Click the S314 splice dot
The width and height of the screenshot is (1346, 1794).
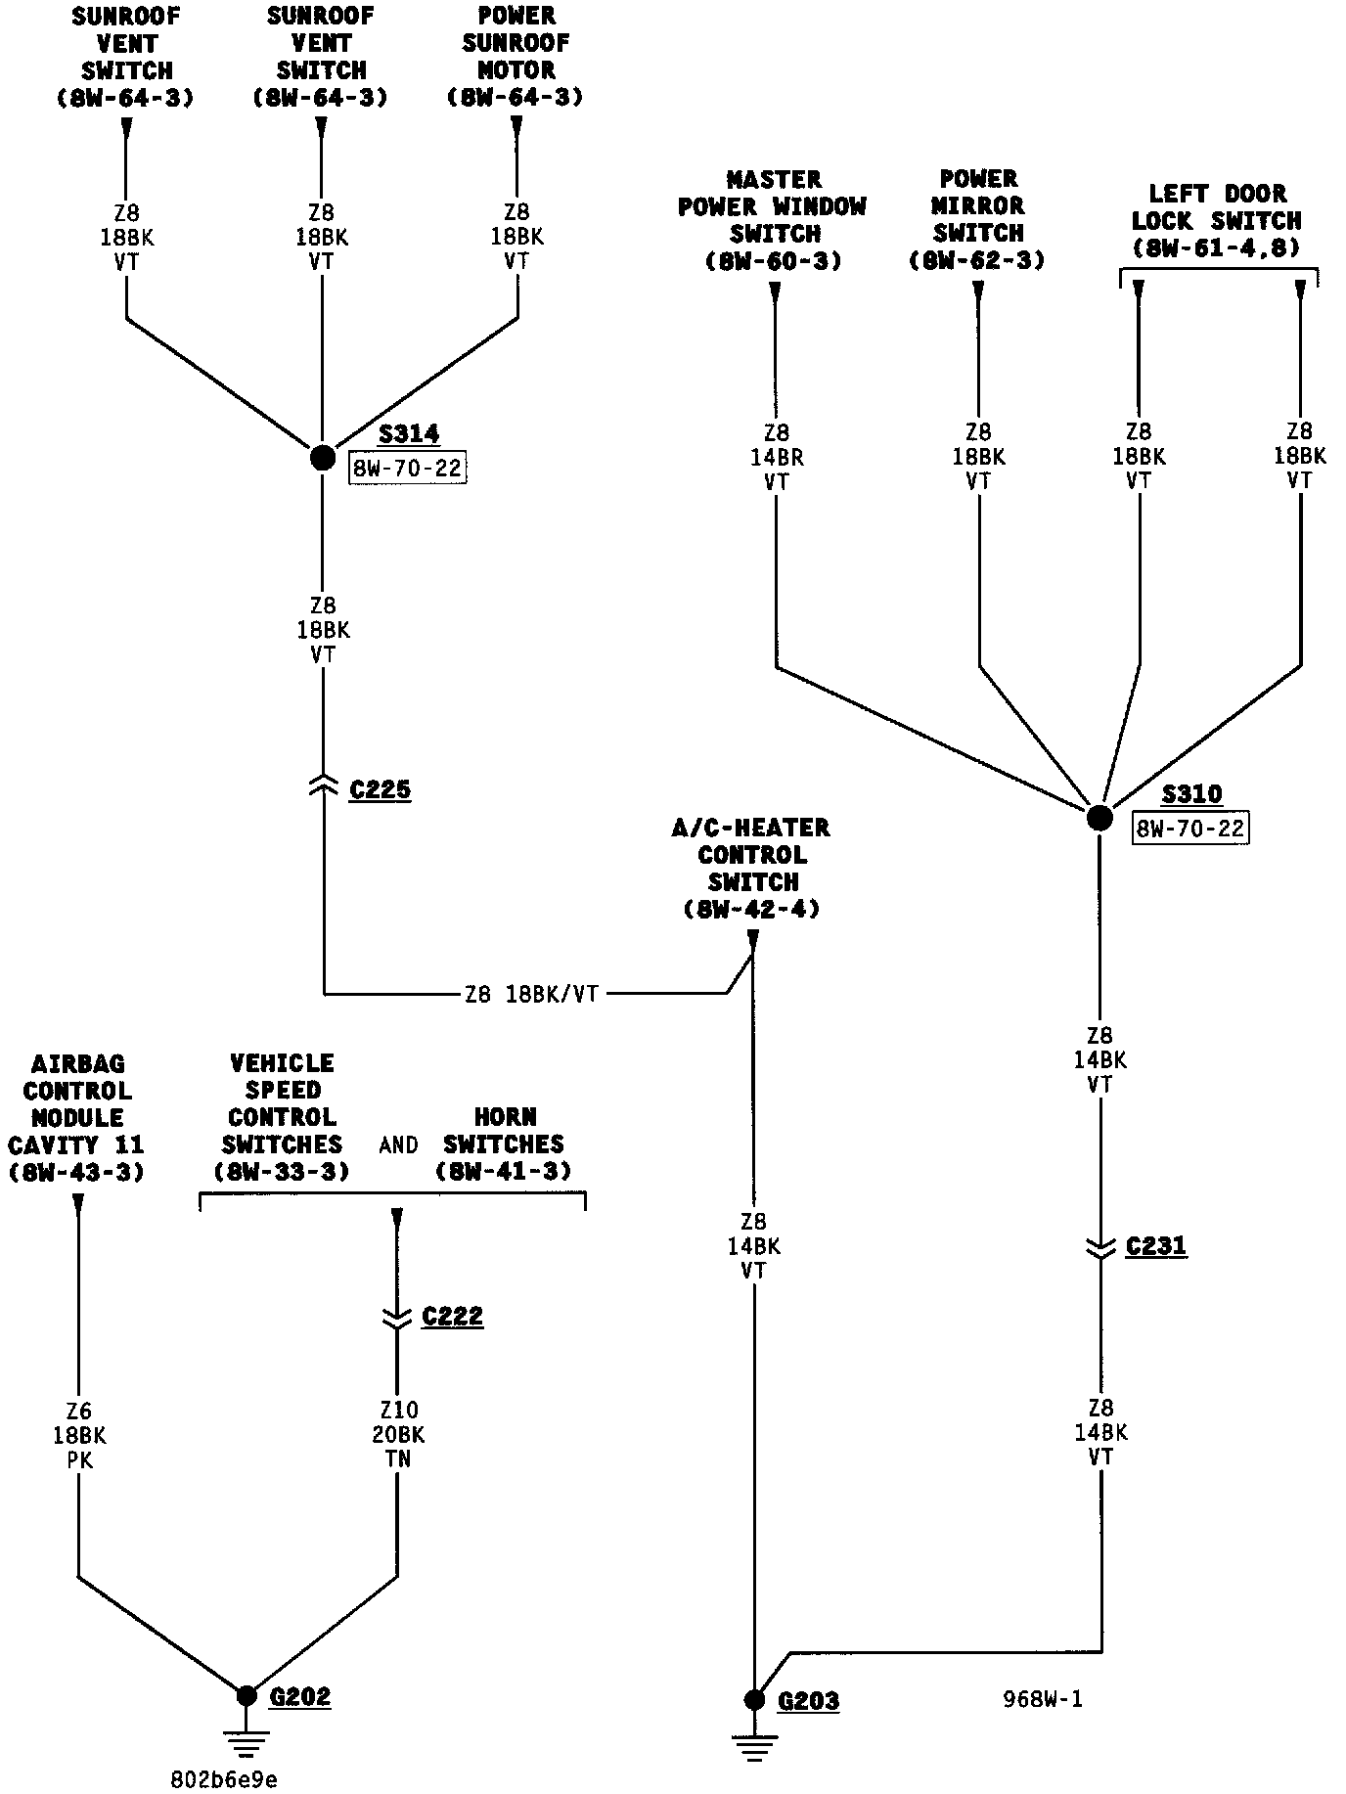[x=323, y=457]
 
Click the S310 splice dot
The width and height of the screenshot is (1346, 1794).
[x=1099, y=818]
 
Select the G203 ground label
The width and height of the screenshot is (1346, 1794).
[x=808, y=1701]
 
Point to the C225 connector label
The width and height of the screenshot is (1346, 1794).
[x=381, y=789]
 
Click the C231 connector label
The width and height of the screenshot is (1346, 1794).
[x=1156, y=1246]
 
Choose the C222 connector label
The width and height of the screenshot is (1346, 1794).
[x=453, y=1317]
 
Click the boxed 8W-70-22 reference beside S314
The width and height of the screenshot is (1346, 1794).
[x=407, y=469]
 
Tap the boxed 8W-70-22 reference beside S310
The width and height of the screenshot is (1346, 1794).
[x=1190, y=829]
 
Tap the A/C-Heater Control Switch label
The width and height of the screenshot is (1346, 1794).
[x=751, y=868]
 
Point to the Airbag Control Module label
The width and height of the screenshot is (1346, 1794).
[x=76, y=1117]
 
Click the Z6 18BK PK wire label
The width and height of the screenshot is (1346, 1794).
[x=79, y=1435]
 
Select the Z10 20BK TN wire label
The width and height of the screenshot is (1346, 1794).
[x=398, y=1434]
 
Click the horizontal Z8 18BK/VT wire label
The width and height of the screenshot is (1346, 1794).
[x=531, y=995]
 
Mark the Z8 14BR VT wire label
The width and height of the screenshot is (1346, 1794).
[x=777, y=457]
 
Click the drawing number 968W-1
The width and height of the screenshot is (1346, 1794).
[x=1043, y=1699]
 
